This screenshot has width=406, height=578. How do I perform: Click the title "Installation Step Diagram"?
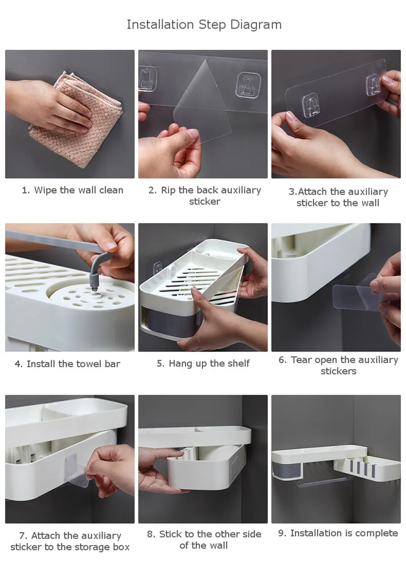point(204,25)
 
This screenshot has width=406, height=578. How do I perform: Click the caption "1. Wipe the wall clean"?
point(73,190)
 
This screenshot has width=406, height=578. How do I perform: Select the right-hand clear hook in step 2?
point(249,85)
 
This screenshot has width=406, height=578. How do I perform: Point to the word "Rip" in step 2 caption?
point(168,190)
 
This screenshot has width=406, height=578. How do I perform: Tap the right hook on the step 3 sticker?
point(373,85)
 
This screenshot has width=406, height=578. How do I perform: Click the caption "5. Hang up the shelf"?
point(203,364)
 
